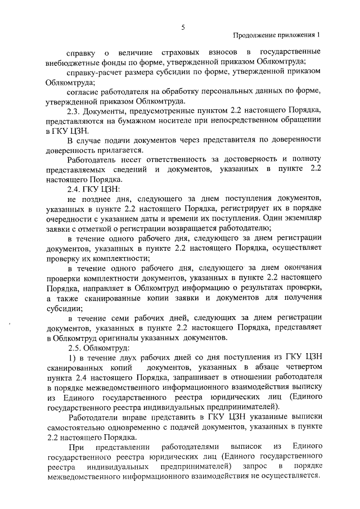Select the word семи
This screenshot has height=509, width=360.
112,318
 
